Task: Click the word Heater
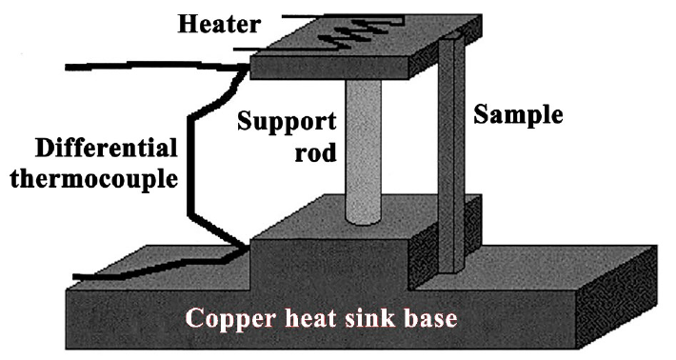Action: click(219, 25)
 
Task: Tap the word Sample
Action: click(518, 115)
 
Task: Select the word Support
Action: click(287, 122)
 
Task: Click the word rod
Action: click(315, 153)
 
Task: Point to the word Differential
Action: click(107, 148)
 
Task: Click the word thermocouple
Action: click(94, 178)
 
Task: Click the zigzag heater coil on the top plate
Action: click(362, 30)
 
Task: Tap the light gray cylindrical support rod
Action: click(364, 151)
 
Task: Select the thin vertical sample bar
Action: click(451, 155)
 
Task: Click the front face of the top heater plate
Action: click(328, 69)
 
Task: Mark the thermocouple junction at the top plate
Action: click(248, 67)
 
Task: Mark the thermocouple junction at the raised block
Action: click(247, 248)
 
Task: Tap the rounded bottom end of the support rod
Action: click(364, 220)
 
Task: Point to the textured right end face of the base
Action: click(617, 296)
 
